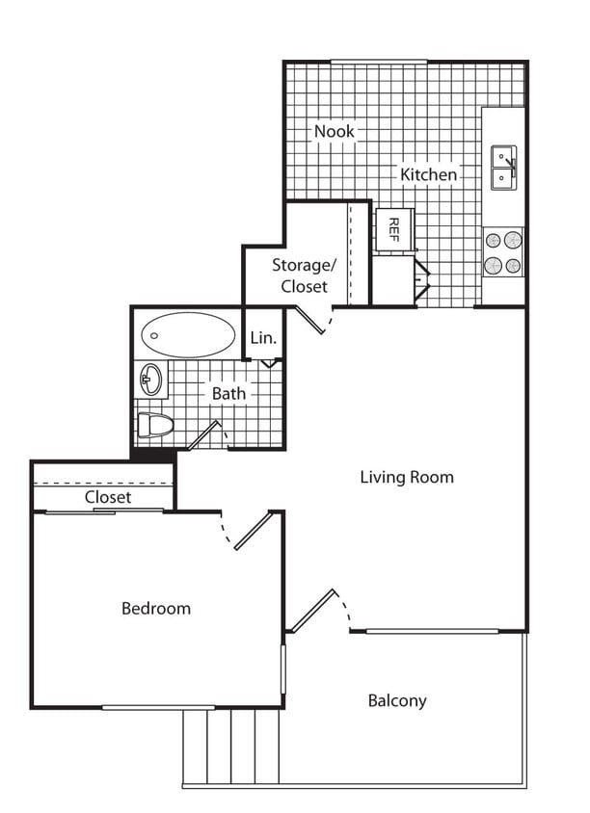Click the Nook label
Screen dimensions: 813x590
point(334,131)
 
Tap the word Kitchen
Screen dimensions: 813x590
point(428,174)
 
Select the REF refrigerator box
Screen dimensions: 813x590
point(393,228)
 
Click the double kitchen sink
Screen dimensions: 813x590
point(504,168)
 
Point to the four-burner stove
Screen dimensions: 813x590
point(503,252)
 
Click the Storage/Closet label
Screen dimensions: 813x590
point(304,275)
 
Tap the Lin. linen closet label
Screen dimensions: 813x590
point(263,338)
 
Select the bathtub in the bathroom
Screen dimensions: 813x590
point(188,334)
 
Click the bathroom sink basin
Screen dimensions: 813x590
point(150,380)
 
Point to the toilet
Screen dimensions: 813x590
point(154,424)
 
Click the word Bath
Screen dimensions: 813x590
point(228,393)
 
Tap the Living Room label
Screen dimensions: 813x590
point(406,477)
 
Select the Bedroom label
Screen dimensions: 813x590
point(155,608)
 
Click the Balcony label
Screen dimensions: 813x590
point(396,700)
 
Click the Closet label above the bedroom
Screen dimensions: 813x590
point(108,497)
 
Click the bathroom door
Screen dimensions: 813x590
point(205,435)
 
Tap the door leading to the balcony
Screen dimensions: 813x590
point(314,611)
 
